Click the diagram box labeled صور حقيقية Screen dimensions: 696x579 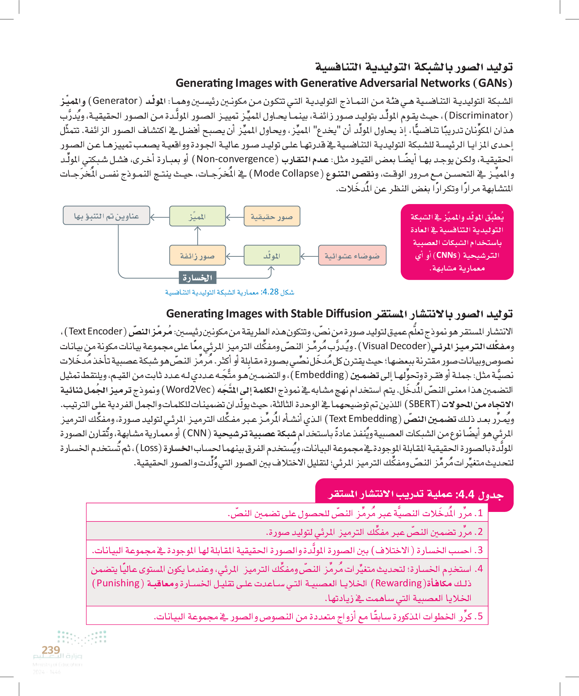point(272,216)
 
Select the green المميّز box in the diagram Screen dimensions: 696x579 point(197,216)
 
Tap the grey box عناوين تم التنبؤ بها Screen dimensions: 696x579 point(106,216)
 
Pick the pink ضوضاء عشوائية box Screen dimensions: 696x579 point(352,255)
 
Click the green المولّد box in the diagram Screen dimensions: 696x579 point(272,255)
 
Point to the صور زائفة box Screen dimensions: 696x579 point(197,255)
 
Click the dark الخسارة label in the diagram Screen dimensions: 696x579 point(197,278)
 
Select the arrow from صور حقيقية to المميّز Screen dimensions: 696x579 point(235,217)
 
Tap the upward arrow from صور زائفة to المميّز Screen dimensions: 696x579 point(198,235)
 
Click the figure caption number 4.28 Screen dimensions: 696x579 point(270,292)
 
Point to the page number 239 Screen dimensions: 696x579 point(51,650)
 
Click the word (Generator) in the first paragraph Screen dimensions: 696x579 point(115,101)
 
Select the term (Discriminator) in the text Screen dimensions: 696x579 point(478,116)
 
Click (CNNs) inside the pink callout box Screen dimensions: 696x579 point(447,255)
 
